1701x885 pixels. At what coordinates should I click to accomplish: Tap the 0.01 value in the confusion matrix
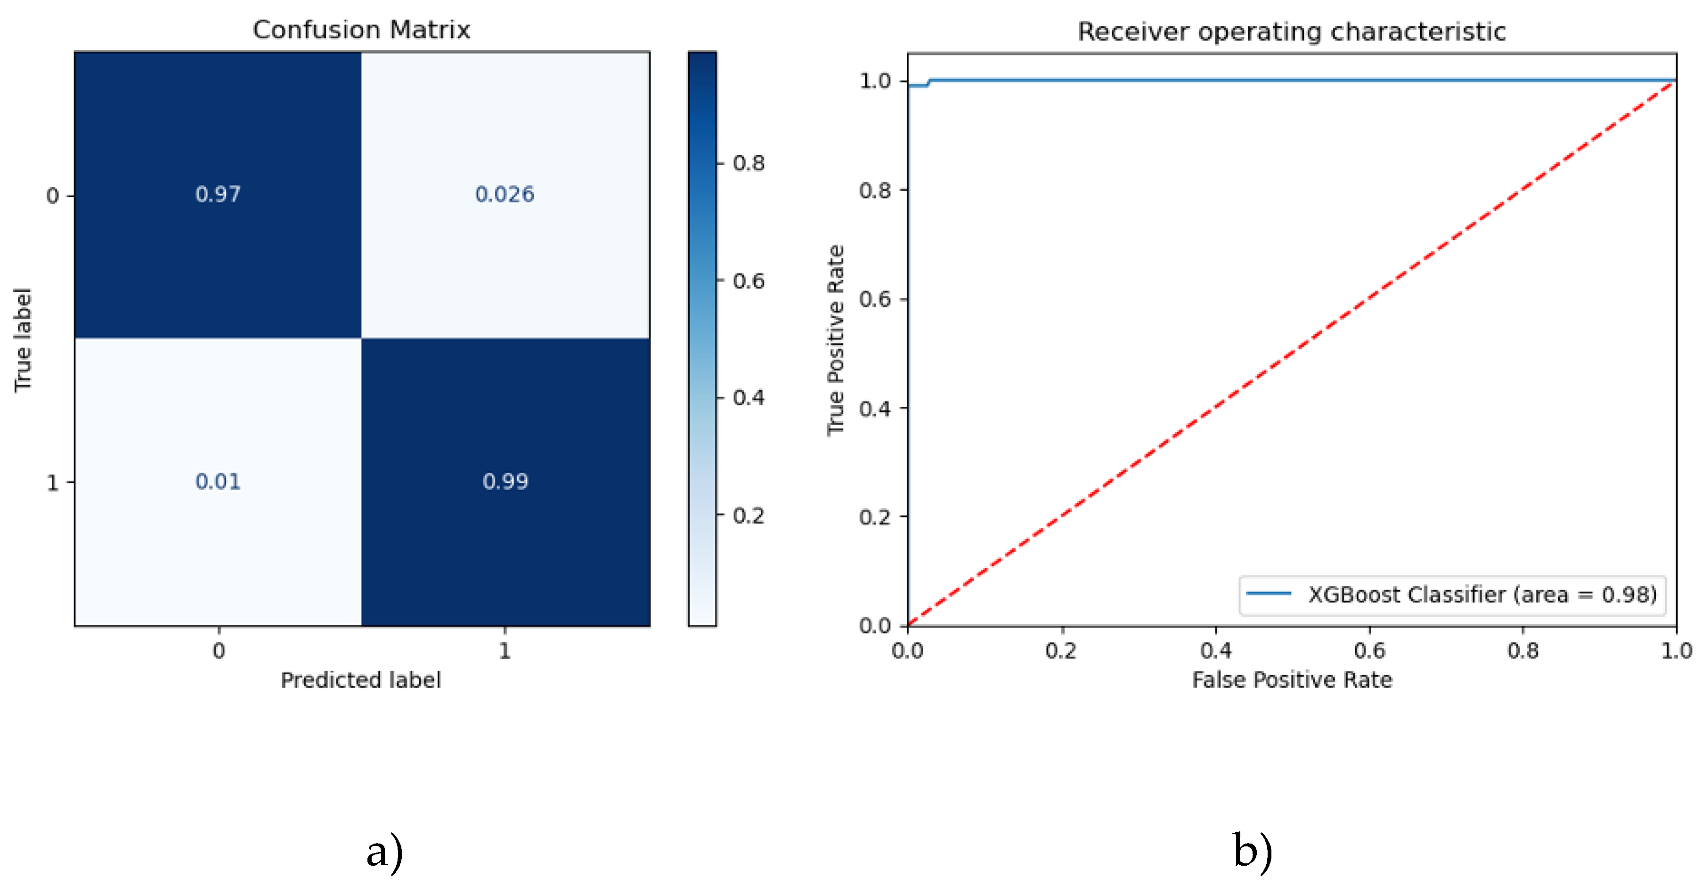(218, 481)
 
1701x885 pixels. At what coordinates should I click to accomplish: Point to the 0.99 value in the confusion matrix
(505, 481)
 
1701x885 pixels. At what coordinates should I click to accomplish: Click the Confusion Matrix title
(361, 30)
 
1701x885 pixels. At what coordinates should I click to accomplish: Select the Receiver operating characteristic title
(1292, 31)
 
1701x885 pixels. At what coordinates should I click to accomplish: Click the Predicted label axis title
(360, 680)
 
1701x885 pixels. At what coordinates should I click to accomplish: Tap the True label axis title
(23, 340)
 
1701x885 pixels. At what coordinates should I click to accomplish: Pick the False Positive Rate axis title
(1292, 680)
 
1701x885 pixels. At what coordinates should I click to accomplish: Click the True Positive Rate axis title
(836, 340)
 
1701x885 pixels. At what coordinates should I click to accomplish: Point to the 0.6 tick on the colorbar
(748, 281)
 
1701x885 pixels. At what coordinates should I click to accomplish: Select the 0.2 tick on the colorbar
(748, 515)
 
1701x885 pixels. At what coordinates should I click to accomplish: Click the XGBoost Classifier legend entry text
(1482, 595)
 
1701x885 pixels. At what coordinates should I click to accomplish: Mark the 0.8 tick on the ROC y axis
(875, 190)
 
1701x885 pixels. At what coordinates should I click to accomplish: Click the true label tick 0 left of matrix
(53, 196)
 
